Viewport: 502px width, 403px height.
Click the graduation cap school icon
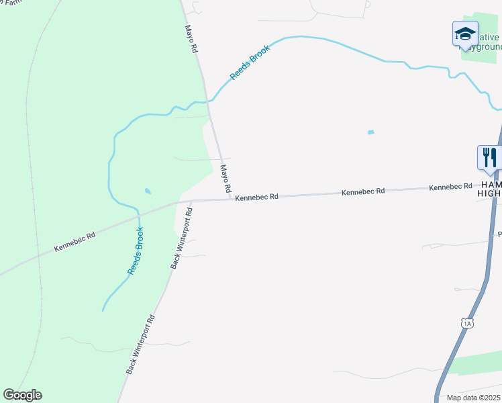point(465,34)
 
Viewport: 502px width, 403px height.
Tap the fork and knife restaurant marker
point(489,158)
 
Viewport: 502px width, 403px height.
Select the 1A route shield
point(468,324)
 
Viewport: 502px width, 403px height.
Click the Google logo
point(22,395)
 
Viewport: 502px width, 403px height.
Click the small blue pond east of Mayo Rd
point(370,132)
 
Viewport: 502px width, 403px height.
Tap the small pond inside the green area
point(148,191)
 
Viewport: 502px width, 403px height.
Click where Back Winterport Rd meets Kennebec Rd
point(191,200)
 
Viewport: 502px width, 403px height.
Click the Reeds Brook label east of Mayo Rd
point(250,62)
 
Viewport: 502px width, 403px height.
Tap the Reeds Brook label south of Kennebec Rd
point(136,251)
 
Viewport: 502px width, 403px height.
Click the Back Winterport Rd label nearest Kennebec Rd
point(181,238)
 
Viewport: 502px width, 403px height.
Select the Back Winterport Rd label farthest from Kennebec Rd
point(140,344)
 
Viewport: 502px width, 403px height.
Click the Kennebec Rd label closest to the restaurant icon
point(452,187)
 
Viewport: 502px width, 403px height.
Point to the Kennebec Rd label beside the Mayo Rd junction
point(256,197)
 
